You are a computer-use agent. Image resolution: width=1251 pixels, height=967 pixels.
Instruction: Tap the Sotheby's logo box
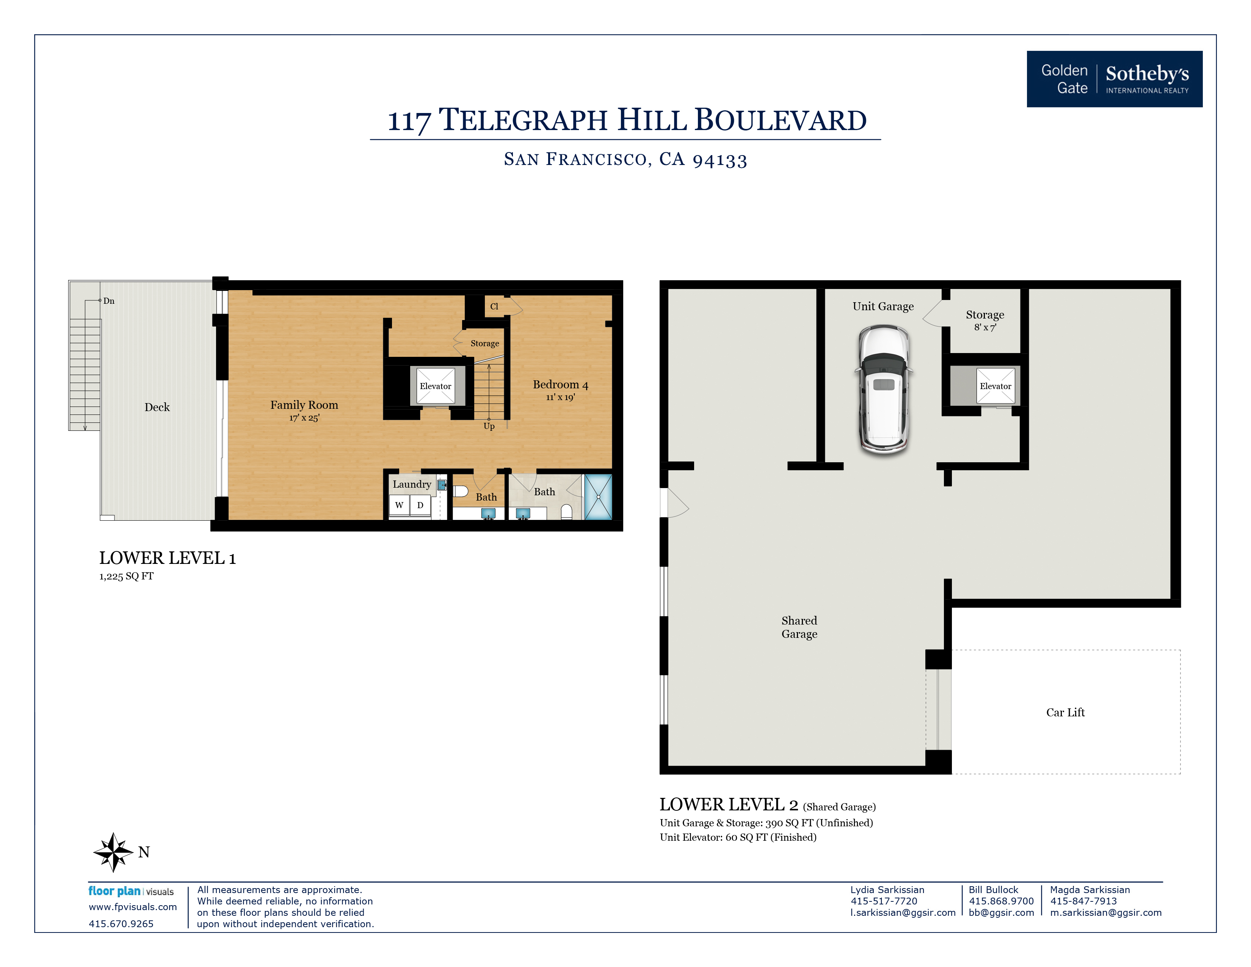[x=1114, y=79]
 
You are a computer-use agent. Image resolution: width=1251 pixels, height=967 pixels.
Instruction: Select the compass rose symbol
[x=113, y=852]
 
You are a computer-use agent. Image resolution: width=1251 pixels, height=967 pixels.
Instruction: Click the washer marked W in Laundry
[x=399, y=505]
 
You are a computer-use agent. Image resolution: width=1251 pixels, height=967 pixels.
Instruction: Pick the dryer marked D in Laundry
[x=420, y=505]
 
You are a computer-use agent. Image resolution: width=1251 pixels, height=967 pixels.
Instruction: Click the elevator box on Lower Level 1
[x=435, y=386]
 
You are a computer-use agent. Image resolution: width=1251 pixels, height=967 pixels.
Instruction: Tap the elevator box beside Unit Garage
[x=995, y=386]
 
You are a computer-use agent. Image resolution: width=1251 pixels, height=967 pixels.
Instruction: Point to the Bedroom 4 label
[x=560, y=385]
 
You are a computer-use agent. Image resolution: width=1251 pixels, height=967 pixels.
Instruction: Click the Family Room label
[x=304, y=405]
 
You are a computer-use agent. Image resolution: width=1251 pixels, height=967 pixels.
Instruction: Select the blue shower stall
[x=598, y=497]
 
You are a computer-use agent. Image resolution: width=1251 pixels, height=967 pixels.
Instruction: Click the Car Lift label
[x=1065, y=713]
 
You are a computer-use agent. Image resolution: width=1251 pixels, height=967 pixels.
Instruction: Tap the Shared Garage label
[x=799, y=627]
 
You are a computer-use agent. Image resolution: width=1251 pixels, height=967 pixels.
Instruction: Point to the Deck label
[x=157, y=407]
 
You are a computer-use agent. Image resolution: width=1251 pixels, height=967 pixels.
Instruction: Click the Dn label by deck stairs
[x=109, y=301]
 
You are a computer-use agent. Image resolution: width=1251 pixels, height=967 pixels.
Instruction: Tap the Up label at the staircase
[x=489, y=426]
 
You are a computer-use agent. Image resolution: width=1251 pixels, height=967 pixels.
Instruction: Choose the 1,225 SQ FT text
[x=126, y=576]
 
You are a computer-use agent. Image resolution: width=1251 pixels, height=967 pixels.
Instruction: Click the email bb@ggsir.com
[x=1001, y=912]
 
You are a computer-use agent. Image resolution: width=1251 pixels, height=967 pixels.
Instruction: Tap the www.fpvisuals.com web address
[x=132, y=907]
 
